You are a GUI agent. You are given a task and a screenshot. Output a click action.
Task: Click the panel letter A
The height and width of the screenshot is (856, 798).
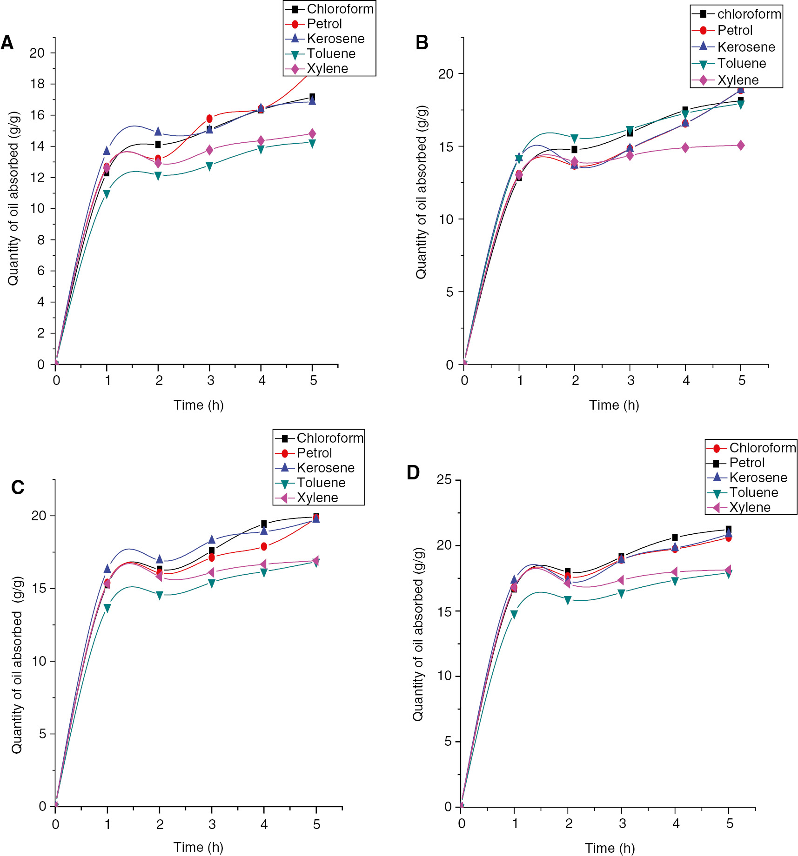point(7,43)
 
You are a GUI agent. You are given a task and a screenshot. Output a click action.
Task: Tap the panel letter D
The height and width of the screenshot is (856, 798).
point(413,472)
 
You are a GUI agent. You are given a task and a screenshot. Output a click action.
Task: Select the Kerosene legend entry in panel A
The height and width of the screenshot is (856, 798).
point(335,39)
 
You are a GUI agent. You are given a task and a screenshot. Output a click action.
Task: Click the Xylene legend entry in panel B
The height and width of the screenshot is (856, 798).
point(738,80)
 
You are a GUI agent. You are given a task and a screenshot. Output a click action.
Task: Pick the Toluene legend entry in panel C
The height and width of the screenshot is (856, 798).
point(321,483)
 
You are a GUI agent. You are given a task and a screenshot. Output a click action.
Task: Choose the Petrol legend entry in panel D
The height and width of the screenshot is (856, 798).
point(747,463)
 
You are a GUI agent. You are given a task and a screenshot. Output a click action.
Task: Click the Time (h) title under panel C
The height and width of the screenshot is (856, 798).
point(198,847)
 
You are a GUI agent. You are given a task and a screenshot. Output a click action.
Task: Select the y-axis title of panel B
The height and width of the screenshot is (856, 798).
point(421,192)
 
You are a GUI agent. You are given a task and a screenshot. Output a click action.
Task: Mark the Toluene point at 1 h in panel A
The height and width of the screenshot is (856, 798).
point(107,194)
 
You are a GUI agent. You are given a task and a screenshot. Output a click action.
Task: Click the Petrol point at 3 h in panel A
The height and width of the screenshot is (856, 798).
point(209,119)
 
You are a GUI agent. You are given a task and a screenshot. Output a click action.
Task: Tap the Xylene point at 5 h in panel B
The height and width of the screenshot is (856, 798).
point(741,146)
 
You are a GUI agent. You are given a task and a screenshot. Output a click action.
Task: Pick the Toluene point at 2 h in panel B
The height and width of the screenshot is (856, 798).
point(575,138)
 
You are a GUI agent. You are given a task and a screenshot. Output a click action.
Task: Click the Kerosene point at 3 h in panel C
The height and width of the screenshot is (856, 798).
point(212,539)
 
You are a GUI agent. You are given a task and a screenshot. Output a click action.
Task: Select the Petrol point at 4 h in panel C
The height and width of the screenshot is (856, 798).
point(264,546)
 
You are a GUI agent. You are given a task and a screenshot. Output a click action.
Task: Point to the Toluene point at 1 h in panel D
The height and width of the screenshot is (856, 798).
point(514,614)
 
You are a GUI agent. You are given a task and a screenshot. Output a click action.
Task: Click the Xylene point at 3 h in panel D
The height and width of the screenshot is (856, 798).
point(621,580)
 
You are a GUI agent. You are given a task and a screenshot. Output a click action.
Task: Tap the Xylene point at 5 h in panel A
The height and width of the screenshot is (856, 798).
point(312,134)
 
